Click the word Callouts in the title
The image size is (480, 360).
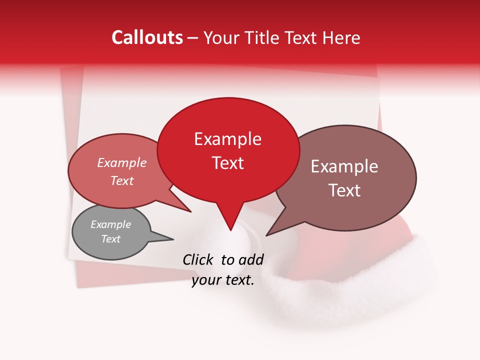tap(147, 37)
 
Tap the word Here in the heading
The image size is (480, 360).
tap(342, 38)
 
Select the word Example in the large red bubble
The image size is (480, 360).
tap(227, 139)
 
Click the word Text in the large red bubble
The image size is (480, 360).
tap(227, 163)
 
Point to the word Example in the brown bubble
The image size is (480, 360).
tap(344, 166)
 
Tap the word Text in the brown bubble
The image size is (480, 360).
tap(344, 190)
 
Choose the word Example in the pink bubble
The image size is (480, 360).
tap(121, 163)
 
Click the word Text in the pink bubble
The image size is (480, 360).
tap(121, 181)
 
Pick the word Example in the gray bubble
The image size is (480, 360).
tap(110, 224)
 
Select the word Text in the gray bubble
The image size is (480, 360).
tap(110, 239)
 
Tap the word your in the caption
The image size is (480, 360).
tap(206, 280)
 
